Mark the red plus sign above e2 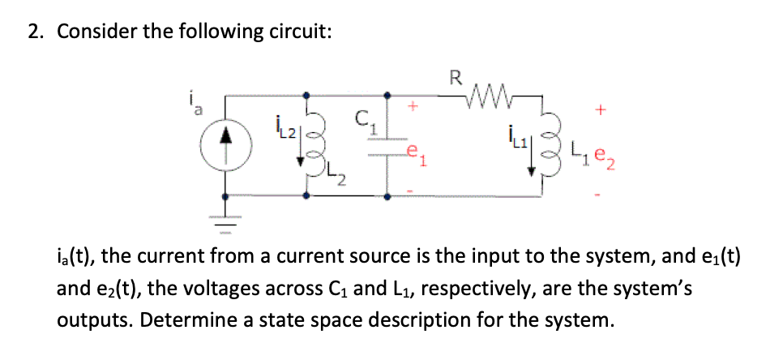601,107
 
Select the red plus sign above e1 413,105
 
